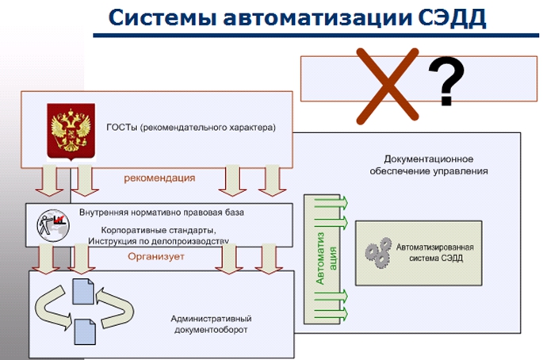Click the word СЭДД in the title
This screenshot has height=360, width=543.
(452, 17)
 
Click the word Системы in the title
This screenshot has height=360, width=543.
(163, 18)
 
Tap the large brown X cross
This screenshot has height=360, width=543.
(387, 86)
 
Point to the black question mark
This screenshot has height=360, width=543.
(446, 82)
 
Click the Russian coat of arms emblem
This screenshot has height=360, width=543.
(71, 132)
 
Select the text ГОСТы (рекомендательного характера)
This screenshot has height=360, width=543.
(191, 128)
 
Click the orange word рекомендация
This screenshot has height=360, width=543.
(159, 178)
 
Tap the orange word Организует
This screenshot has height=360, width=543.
(156, 257)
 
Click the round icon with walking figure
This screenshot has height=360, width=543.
(53, 225)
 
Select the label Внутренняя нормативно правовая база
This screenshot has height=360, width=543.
(162, 213)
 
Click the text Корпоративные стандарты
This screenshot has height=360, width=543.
(159, 231)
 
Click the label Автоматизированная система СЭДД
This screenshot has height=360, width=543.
(435, 253)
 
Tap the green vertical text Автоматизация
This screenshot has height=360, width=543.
(326, 259)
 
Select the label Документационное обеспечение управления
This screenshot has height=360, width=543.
(429, 165)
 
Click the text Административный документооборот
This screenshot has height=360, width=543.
(211, 324)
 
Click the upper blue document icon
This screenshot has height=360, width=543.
(83, 292)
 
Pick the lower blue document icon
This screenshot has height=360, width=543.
(85, 332)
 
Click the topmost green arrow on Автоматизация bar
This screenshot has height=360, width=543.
(331, 203)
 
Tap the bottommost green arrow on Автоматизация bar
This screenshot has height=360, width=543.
(331, 313)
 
